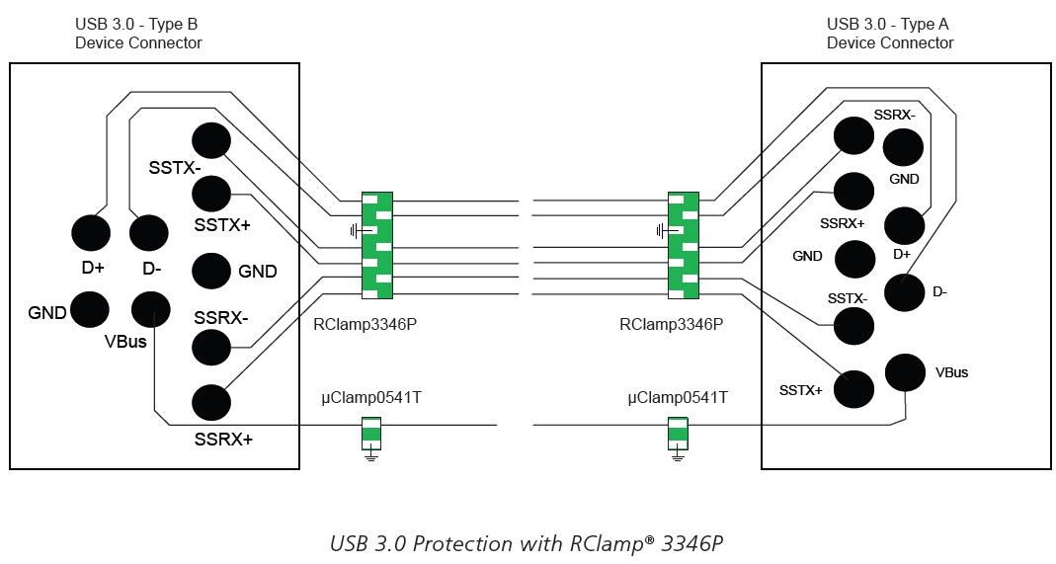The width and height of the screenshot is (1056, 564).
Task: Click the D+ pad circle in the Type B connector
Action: click(91, 233)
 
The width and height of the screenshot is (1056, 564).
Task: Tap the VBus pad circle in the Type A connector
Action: click(906, 371)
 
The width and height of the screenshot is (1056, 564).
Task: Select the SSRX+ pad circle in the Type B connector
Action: click(210, 402)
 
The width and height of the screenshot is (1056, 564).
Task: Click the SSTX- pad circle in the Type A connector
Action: click(853, 325)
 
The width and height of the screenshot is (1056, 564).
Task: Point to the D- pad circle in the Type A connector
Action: click(904, 292)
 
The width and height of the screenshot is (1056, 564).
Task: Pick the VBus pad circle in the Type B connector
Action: click(150, 309)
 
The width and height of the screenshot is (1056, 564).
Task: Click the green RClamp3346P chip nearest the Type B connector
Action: click(377, 245)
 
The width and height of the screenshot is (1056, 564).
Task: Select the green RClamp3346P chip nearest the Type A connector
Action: click(684, 245)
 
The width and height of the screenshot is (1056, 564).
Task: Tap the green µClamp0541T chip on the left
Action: click(371, 432)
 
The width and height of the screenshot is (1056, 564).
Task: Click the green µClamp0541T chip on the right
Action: click(678, 432)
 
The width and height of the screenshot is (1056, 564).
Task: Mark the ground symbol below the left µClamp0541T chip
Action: click(371, 455)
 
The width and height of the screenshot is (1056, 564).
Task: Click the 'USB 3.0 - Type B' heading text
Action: click(138, 24)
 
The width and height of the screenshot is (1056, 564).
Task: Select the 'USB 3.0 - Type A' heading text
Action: click(890, 24)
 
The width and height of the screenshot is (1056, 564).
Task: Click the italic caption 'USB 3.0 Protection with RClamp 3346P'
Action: click(528, 544)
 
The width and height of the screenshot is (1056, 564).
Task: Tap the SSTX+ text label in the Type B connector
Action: click(222, 225)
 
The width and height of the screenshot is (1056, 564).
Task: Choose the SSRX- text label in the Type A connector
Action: click(894, 115)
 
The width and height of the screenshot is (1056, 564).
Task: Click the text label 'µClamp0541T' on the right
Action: click(678, 397)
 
